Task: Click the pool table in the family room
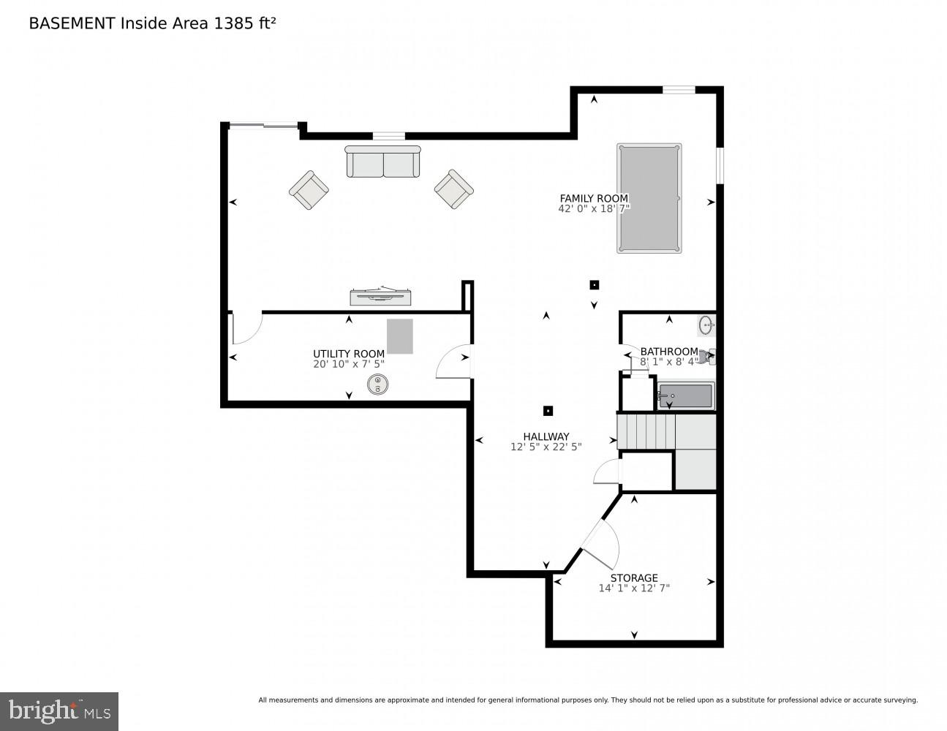point(649,198)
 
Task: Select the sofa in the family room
point(383,162)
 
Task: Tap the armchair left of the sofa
point(309,190)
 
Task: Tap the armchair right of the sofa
point(454,189)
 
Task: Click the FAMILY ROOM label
point(593,198)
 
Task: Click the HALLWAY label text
point(546,436)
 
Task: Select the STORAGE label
point(634,577)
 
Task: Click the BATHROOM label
point(668,352)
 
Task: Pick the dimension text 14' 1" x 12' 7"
point(634,588)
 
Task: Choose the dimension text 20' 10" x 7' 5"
point(348,364)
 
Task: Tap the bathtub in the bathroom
point(685,396)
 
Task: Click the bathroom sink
point(706,325)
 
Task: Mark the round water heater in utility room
point(378,385)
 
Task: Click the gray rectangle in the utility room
point(400,336)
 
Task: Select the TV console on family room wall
point(380,296)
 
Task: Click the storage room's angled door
point(601,545)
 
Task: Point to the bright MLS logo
point(59,711)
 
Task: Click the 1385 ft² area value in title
point(244,23)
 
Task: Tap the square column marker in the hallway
point(548,411)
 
